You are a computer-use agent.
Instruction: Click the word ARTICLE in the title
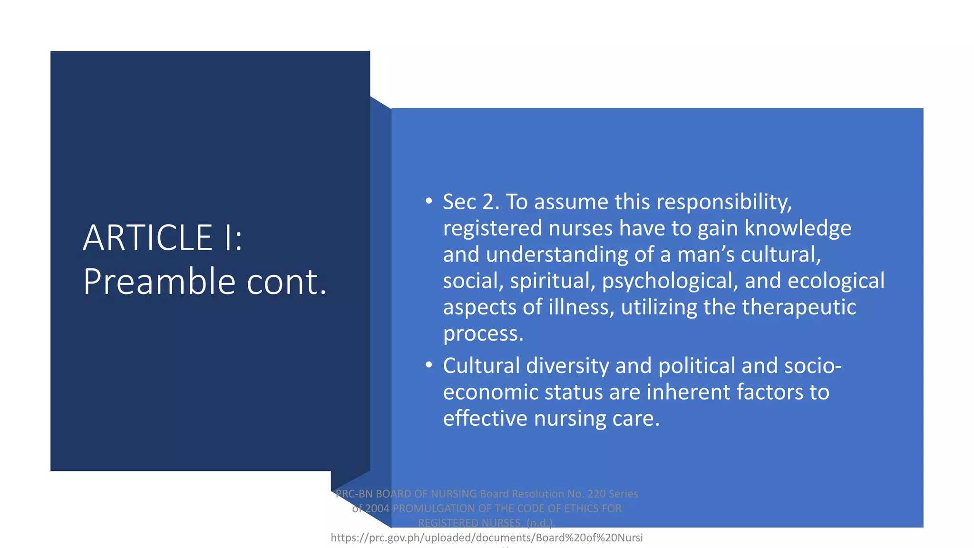(x=147, y=238)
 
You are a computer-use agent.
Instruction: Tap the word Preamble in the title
(x=159, y=282)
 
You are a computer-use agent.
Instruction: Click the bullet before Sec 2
(x=429, y=201)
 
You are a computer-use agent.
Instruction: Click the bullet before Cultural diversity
(x=429, y=365)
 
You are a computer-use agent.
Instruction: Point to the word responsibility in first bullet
(x=724, y=202)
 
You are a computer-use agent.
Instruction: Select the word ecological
(x=836, y=281)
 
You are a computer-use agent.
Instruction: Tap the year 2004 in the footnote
(x=377, y=509)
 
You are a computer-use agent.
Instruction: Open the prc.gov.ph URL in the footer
(x=487, y=538)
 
